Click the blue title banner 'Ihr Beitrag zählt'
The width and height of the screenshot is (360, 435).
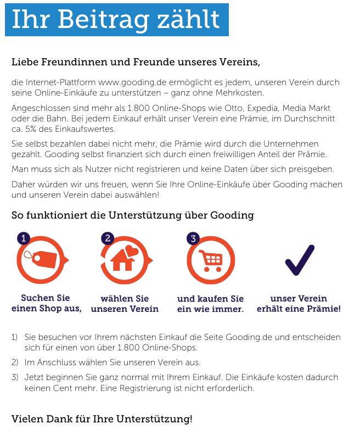click(x=116, y=19)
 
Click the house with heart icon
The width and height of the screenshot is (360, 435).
click(x=123, y=258)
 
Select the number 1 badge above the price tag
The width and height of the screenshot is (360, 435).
click(x=23, y=238)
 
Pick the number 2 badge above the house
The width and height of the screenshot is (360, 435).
click(x=108, y=238)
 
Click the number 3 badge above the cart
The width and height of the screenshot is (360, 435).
click(x=193, y=238)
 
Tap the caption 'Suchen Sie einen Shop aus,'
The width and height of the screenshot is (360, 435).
click(x=46, y=303)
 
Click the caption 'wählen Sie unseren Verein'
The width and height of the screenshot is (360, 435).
click(x=125, y=304)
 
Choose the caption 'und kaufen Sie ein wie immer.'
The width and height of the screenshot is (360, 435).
click(x=210, y=304)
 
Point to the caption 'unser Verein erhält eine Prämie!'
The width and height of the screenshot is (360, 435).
click(x=299, y=304)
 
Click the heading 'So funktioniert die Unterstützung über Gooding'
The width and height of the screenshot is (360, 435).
click(x=133, y=215)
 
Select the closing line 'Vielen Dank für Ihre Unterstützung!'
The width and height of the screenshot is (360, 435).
click(x=102, y=420)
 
